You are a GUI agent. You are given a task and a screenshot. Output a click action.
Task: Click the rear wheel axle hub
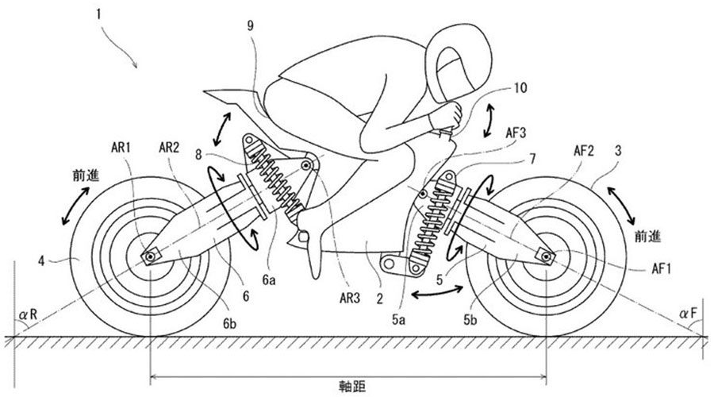[x=148, y=256]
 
